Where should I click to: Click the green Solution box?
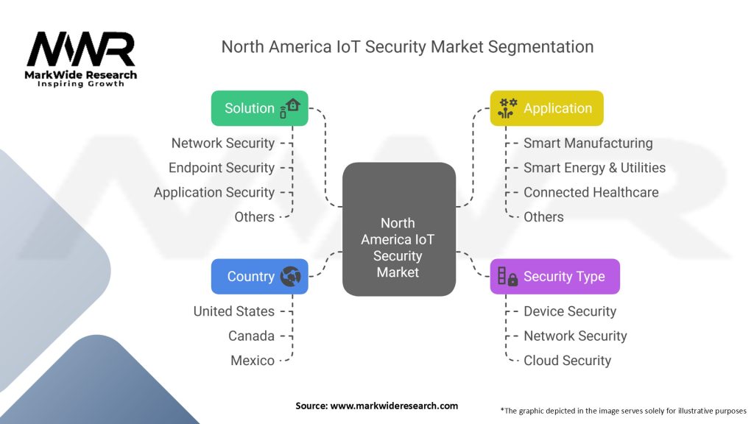click(260, 108)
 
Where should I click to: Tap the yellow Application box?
click(547, 108)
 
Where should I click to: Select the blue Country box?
click(260, 277)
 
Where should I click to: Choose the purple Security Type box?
click(555, 277)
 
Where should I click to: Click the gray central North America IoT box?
click(399, 229)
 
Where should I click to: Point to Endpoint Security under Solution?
click(222, 168)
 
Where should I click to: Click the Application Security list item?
click(214, 192)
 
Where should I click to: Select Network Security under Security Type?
click(575, 336)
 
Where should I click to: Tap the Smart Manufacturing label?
click(588, 143)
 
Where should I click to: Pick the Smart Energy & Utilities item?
click(594, 168)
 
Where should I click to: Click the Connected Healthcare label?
click(591, 192)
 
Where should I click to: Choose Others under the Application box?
click(543, 217)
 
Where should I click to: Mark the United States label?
click(234, 311)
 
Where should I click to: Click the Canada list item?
click(252, 336)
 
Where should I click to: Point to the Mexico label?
click(253, 360)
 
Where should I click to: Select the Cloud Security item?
click(568, 360)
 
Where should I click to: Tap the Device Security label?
click(570, 311)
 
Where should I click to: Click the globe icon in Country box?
click(290, 277)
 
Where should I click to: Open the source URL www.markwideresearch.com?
click(394, 406)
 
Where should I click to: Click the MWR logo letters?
click(81, 49)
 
